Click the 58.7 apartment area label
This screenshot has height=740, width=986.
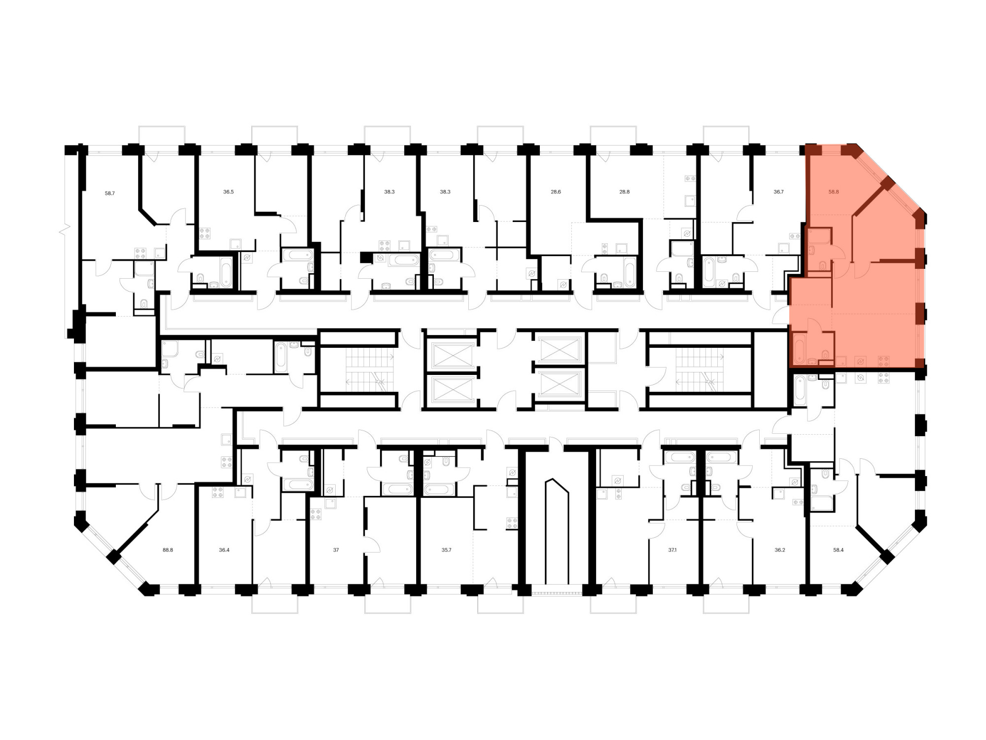click(x=109, y=193)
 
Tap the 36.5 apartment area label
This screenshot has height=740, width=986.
click(x=228, y=192)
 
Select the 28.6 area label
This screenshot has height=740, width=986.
click(x=556, y=192)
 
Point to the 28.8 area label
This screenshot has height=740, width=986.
click(x=624, y=192)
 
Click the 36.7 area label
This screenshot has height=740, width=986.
click(x=778, y=192)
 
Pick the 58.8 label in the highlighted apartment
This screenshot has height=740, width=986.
click(x=834, y=192)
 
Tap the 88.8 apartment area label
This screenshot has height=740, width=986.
click(x=168, y=550)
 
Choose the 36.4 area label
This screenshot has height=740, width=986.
click(x=224, y=550)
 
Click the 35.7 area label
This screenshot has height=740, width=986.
click(x=446, y=550)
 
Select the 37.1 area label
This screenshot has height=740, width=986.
click(x=672, y=550)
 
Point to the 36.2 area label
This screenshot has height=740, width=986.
click(x=779, y=550)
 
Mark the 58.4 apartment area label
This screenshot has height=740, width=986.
click(x=838, y=550)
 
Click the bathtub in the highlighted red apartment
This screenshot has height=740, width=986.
click(x=799, y=348)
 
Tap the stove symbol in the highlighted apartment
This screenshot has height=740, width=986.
click(x=883, y=361)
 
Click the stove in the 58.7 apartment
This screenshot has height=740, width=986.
click(x=141, y=254)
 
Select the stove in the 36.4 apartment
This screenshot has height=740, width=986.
click(x=217, y=492)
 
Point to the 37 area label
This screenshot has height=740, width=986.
click(x=336, y=550)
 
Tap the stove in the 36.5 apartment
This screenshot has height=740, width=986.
click(x=205, y=233)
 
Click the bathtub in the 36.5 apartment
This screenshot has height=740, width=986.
click(x=226, y=272)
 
